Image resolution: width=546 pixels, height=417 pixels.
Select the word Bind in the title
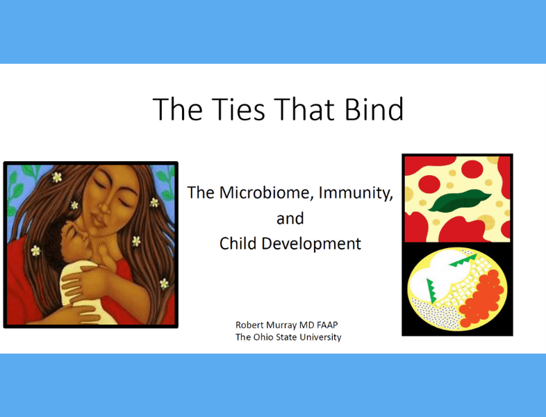pos(374,109)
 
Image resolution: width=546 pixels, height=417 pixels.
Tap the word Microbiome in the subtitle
pos(264,193)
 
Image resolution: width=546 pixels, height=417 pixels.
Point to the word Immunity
pos(356,193)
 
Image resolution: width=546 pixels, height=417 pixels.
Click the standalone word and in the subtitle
pos(290,219)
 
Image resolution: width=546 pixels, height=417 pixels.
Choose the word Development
pos(311,244)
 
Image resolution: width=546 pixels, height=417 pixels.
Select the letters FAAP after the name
pos(327,325)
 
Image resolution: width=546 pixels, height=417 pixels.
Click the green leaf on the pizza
pos(459,201)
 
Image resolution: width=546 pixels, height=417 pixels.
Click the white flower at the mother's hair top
pos(57,177)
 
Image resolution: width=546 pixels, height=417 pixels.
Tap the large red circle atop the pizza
pos(472,169)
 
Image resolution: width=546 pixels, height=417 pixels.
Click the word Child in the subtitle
pos(237,243)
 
